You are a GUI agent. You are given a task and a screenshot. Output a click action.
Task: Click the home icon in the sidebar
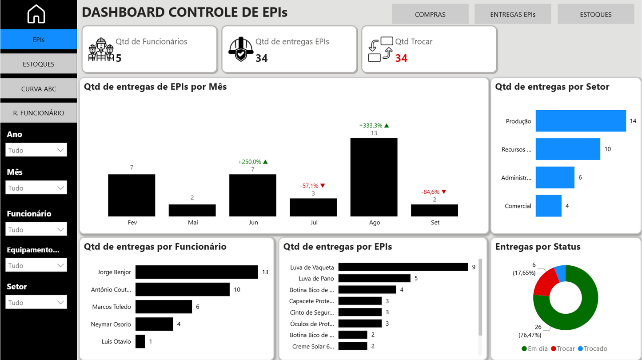coord(36,14)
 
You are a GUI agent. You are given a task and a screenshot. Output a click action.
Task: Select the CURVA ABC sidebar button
coord(39,89)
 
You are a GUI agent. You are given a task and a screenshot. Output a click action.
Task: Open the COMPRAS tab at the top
coord(430,14)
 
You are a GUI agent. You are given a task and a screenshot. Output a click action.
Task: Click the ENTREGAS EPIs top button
coord(513,14)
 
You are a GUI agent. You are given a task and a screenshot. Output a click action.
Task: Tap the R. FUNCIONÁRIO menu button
coord(39,113)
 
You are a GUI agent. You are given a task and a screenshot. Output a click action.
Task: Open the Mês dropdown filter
coord(36,188)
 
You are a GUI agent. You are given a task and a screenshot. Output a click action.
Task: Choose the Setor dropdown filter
coord(36,303)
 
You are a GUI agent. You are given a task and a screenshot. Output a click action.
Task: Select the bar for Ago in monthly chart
coord(374,177)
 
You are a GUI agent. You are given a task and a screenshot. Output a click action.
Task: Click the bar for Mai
coord(192,210)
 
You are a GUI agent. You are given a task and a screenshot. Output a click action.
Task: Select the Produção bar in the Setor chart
coord(580,121)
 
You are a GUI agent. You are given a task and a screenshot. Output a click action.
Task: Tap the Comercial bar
coord(548,206)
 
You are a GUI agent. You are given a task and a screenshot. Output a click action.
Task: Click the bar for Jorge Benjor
coord(196,272)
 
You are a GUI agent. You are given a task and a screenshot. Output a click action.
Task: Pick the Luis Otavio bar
coord(140,341)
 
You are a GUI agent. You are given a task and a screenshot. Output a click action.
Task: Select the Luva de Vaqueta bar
coord(403,267)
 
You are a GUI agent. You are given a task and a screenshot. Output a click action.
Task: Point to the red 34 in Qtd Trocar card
coord(401,58)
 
